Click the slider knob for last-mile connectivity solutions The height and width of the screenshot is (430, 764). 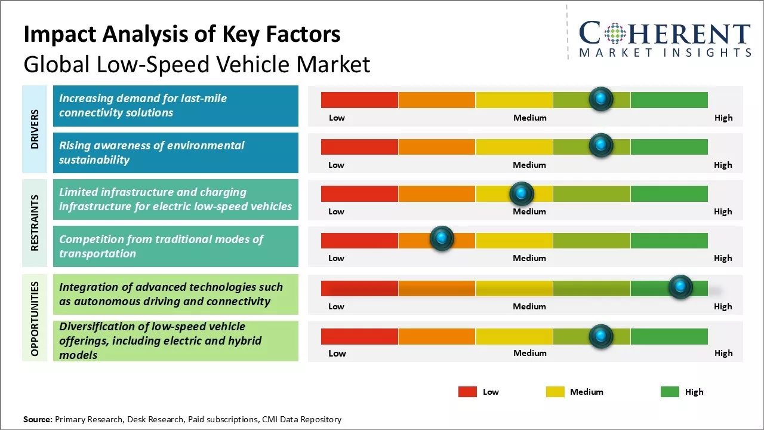(x=601, y=99)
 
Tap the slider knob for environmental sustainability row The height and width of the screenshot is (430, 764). (x=601, y=146)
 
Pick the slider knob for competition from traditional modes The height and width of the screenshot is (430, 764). (x=442, y=239)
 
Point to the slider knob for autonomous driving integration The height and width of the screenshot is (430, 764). (x=680, y=287)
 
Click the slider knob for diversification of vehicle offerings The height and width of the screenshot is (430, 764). (x=601, y=336)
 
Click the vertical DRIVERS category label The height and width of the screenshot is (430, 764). (x=35, y=129)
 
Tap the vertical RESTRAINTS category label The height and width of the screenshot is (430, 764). (x=35, y=223)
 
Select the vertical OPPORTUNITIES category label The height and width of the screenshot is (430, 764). (x=35, y=318)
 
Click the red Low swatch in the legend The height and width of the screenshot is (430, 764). (x=467, y=392)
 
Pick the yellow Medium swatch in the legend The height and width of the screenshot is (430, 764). (x=555, y=392)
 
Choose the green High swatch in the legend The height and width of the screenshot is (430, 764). (x=670, y=392)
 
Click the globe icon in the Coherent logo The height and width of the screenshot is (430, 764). (x=615, y=33)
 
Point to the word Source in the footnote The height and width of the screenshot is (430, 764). (x=38, y=419)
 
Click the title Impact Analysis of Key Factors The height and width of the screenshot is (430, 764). (x=182, y=35)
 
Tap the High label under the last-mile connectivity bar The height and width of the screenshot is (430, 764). (x=723, y=118)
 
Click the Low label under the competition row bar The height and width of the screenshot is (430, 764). (x=336, y=258)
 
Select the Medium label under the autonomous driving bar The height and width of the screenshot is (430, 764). (x=529, y=306)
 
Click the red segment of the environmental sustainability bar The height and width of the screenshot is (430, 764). (x=359, y=147)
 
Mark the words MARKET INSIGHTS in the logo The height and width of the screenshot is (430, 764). (x=665, y=53)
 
